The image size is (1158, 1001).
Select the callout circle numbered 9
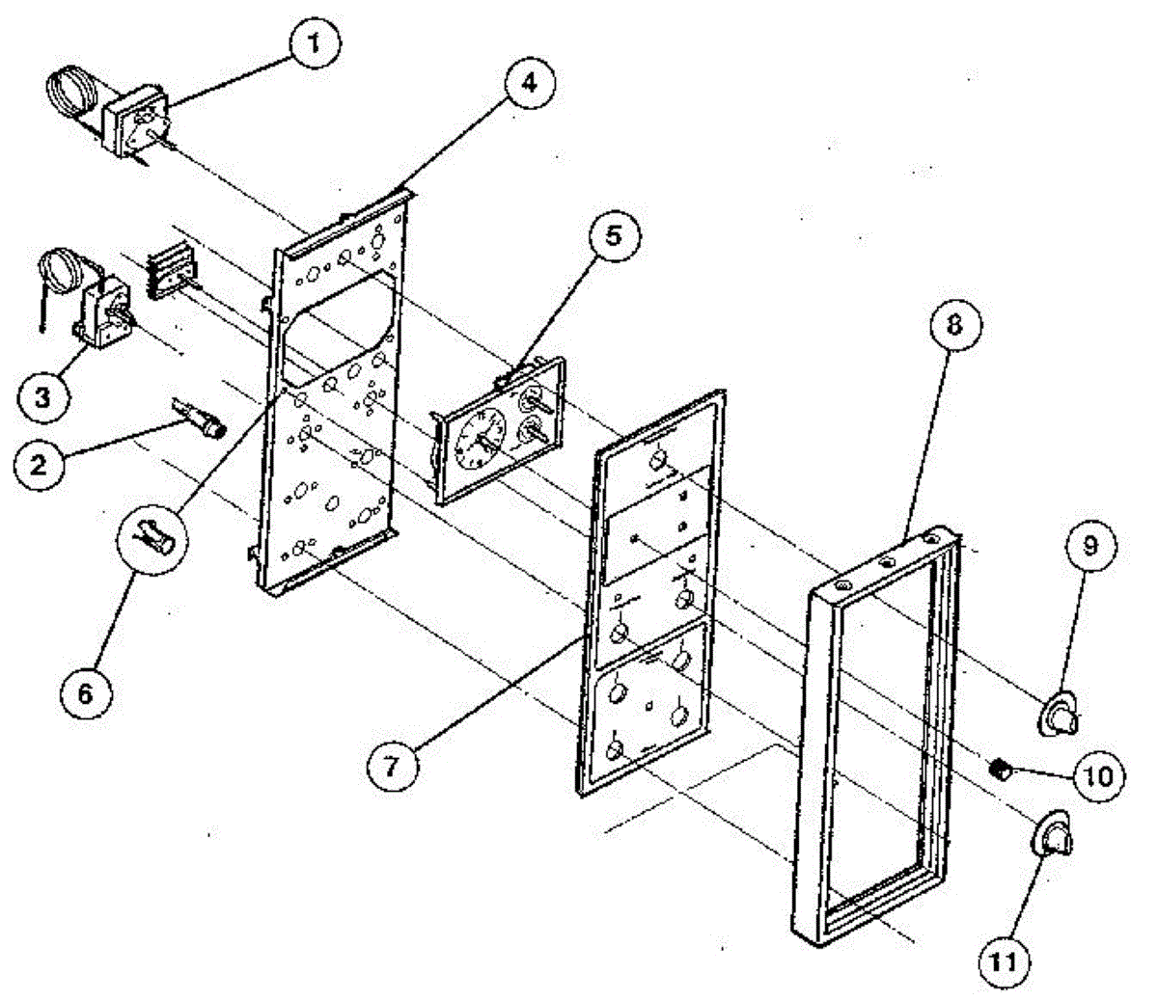pos(1090,547)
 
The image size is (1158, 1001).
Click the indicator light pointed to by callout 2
pos(204,425)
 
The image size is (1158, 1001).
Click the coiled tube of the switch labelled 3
pos(61,270)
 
